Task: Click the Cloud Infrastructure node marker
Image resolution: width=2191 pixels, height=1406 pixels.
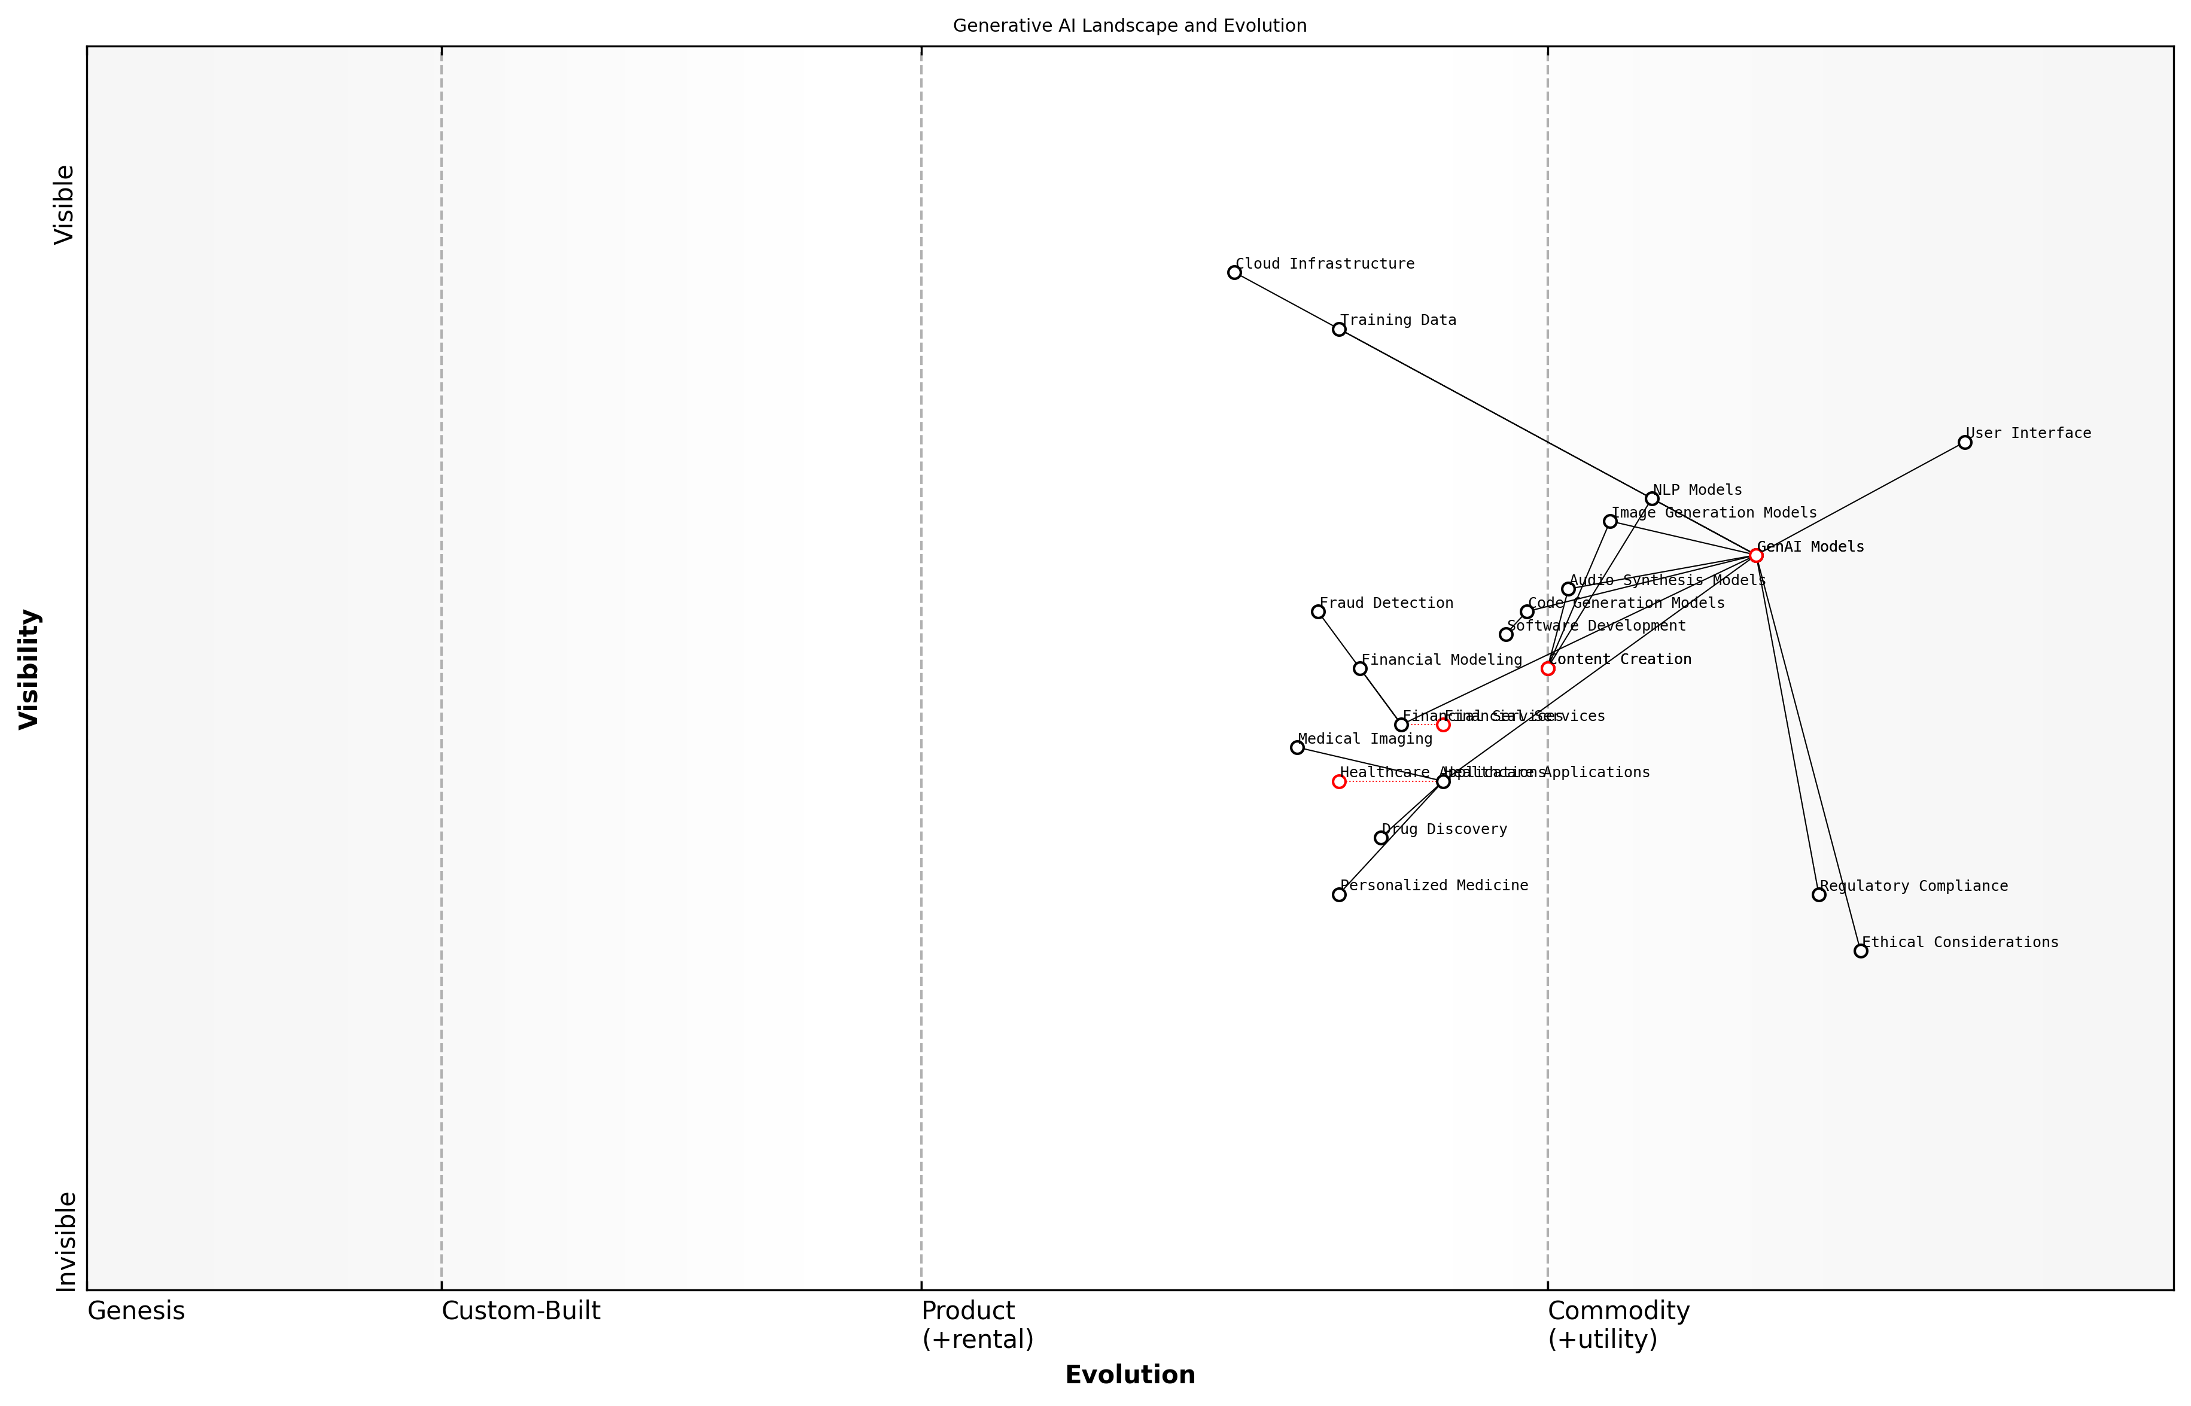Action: (x=1234, y=272)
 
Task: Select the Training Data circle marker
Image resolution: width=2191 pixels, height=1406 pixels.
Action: (x=1339, y=328)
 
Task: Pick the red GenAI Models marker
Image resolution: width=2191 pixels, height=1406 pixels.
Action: (x=1755, y=555)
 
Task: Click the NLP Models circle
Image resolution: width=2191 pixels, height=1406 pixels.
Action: (x=1651, y=498)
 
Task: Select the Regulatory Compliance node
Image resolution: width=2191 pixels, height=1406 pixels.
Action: (x=1818, y=894)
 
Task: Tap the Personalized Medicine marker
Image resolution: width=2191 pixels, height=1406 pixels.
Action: (x=1339, y=894)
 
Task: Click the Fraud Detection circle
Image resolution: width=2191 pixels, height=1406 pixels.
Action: (x=1318, y=611)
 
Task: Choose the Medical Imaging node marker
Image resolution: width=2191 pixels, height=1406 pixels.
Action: (x=1297, y=747)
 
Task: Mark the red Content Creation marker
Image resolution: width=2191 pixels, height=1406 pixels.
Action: (x=1547, y=668)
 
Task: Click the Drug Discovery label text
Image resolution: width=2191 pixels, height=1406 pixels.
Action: (x=1444, y=829)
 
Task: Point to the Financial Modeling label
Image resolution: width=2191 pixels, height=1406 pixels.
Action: (x=1441, y=659)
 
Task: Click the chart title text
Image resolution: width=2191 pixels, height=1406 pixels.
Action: (x=1129, y=26)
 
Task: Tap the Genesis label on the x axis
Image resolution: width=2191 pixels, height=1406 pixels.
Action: (x=136, y=1311)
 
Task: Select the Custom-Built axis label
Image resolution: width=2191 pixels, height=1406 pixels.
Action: (x=521, y=1311)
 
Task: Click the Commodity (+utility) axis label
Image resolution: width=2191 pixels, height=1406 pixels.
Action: (x=1618, y=1325)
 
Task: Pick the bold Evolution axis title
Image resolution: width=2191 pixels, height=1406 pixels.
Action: (x=1129, y=1375)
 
